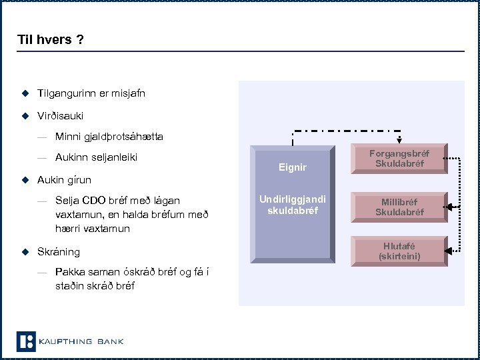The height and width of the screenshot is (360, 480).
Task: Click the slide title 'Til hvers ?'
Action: coord(51,39)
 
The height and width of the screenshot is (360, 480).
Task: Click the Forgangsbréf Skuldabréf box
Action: coord(399,159)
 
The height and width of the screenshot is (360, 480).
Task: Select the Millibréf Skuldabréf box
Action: coord(399,207)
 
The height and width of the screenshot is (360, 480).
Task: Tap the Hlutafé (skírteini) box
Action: coord(399,251)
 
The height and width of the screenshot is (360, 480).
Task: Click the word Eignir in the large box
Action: coord(293,167)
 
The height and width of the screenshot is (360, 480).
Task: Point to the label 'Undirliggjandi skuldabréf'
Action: coord(293,205)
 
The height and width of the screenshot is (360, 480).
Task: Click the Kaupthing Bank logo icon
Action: coord(25,341)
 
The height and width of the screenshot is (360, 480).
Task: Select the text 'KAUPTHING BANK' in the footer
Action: coord(81,342)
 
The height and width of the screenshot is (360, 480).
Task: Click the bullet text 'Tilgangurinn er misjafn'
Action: coord(91,93)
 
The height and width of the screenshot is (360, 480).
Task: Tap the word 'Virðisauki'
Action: coord(61,115)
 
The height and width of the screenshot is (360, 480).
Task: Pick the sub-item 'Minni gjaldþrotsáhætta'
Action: coord(109,137)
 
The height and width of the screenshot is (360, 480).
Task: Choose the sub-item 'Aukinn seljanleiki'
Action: coord(101,157)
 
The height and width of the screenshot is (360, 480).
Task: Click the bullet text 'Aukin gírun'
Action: coord(65,179)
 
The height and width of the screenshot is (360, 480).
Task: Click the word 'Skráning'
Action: coord(59,251)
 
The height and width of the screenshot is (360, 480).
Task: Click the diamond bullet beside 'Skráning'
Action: coord(25,251)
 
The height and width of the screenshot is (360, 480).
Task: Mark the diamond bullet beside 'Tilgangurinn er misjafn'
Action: coord(25,93)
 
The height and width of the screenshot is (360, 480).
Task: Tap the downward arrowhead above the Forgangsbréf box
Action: coord(399,140)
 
